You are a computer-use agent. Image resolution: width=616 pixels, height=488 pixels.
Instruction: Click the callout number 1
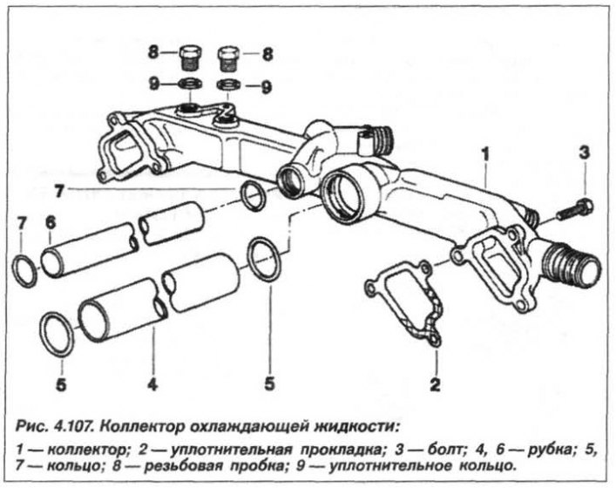tap(486, 154)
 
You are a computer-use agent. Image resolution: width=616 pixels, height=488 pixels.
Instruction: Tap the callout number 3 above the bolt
tap(585, 152)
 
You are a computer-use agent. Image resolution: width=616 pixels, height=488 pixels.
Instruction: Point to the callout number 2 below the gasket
tap(435, 384)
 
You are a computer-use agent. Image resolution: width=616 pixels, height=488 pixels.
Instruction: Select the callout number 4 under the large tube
tap(152, 384)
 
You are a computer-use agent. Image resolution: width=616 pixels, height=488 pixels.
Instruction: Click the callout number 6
tap(51, 223)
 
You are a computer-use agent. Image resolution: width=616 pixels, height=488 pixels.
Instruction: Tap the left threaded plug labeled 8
tap(190, 58)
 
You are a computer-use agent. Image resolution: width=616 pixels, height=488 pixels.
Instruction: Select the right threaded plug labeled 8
tap(228, 59)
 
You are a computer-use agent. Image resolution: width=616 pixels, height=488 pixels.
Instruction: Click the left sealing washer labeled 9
tap(190, 84)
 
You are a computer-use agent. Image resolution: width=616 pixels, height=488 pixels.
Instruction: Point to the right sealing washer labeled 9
tap(228, 85)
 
